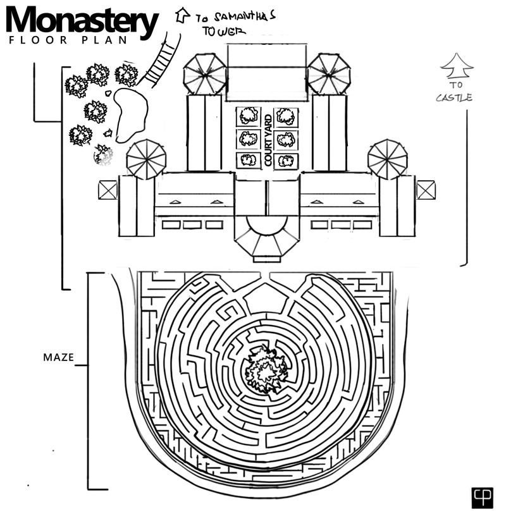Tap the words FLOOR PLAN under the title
point(68,40)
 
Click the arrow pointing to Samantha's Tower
point(182,14)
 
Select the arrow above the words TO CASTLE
point(457,64)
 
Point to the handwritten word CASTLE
point(454,97)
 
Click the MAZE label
point(58,357)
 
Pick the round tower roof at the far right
point(387,159)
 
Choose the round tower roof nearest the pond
point(146,159)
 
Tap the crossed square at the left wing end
point(108,190)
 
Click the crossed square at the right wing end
point(426,190)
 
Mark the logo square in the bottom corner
point(482,498)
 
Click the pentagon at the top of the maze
point(266,300)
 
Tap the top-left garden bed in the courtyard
point(249,116)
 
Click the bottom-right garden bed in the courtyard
point(286,160)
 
